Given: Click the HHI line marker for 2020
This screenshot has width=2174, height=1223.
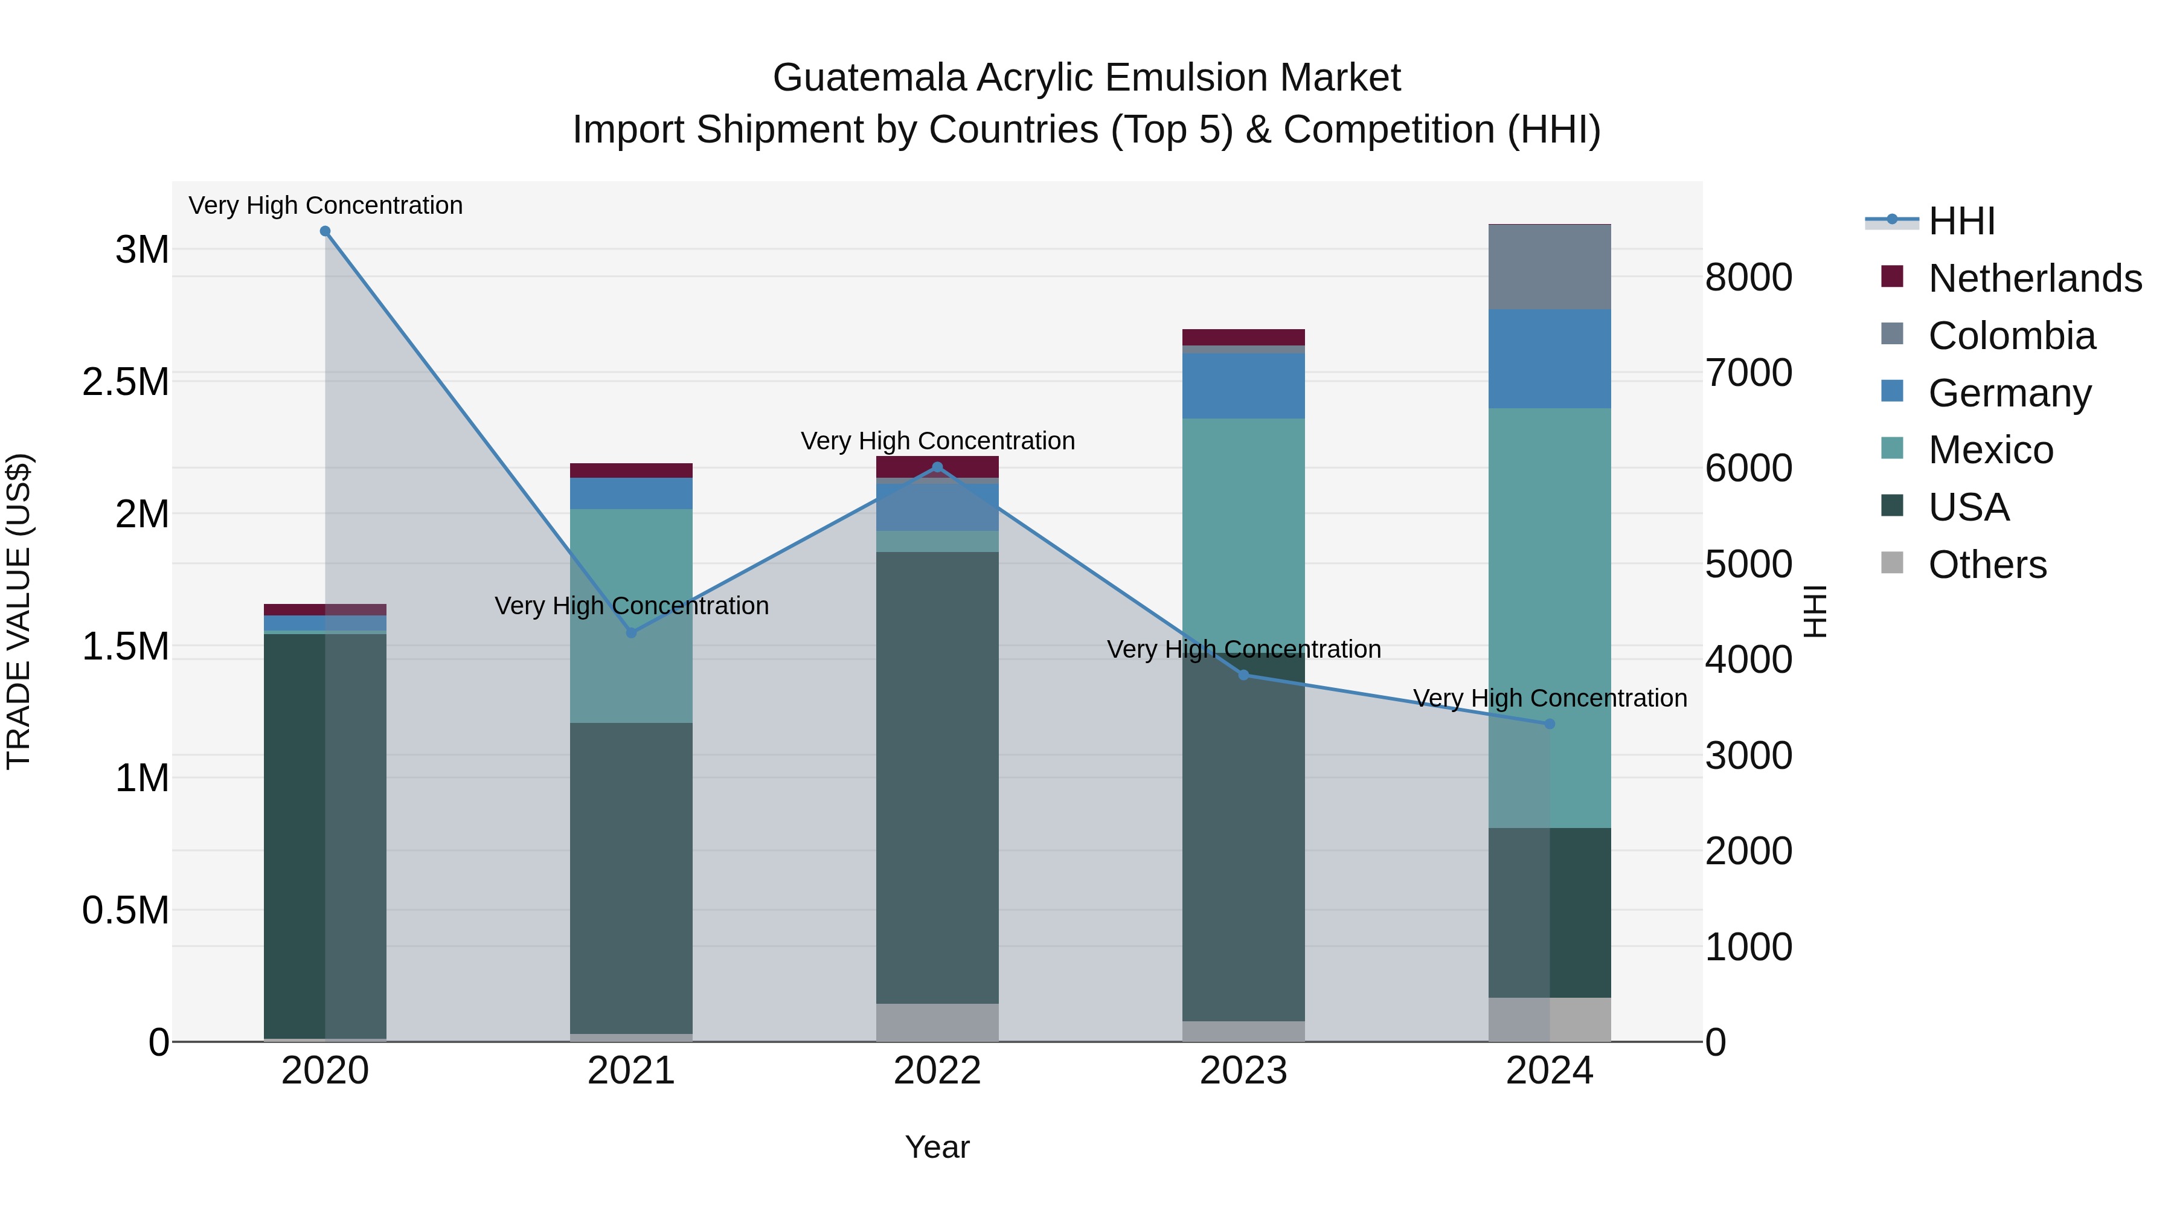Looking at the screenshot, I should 325,231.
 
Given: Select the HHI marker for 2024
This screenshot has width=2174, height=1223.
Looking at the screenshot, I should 1550,724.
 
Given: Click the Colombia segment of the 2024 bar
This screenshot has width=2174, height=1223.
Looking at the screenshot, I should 1550,267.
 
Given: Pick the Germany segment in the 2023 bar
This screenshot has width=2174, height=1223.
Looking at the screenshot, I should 1243,386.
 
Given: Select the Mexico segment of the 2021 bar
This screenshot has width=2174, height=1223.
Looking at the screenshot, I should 631,615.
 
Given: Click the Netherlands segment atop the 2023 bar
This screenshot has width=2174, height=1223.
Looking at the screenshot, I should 1243,337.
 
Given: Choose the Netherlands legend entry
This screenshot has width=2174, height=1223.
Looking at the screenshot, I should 2035,278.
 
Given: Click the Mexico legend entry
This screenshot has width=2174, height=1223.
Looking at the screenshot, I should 1990,450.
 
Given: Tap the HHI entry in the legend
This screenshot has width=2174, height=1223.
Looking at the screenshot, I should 1961,221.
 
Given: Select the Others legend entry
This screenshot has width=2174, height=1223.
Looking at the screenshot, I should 1987,565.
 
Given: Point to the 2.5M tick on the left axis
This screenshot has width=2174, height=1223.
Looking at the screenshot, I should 126,382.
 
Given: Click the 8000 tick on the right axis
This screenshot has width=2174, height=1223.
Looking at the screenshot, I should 1748,278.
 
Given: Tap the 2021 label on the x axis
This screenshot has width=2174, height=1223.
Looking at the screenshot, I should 631,1071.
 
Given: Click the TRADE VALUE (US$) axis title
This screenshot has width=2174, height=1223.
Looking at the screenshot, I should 19,611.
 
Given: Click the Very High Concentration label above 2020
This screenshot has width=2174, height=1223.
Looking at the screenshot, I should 325,205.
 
